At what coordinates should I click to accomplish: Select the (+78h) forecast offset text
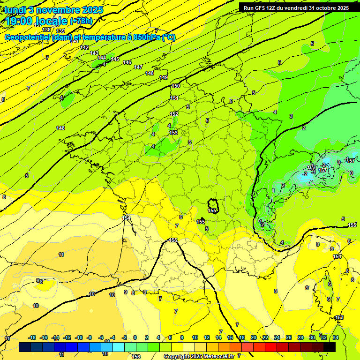(x=81, y=21)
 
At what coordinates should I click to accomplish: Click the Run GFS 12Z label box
(x=296, y=8)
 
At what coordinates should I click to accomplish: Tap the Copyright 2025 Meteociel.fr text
(x=199, y=356)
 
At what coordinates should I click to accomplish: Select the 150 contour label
(x=176, y=86)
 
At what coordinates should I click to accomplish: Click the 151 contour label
(x=174, y=98)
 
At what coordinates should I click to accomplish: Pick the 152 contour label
(x=174, y=114)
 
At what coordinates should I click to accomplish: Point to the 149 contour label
(x=164, y=77)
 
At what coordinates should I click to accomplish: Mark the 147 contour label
(x=138, y=67)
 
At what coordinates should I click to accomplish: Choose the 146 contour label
(x=127, y=62)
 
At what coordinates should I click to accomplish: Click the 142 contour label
(x=84, y=47)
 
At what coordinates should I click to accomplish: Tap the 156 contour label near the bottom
(x=136, y=357)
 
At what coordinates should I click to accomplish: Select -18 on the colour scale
(x=32, y=337)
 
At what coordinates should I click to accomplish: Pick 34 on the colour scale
(x=335, y=337)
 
